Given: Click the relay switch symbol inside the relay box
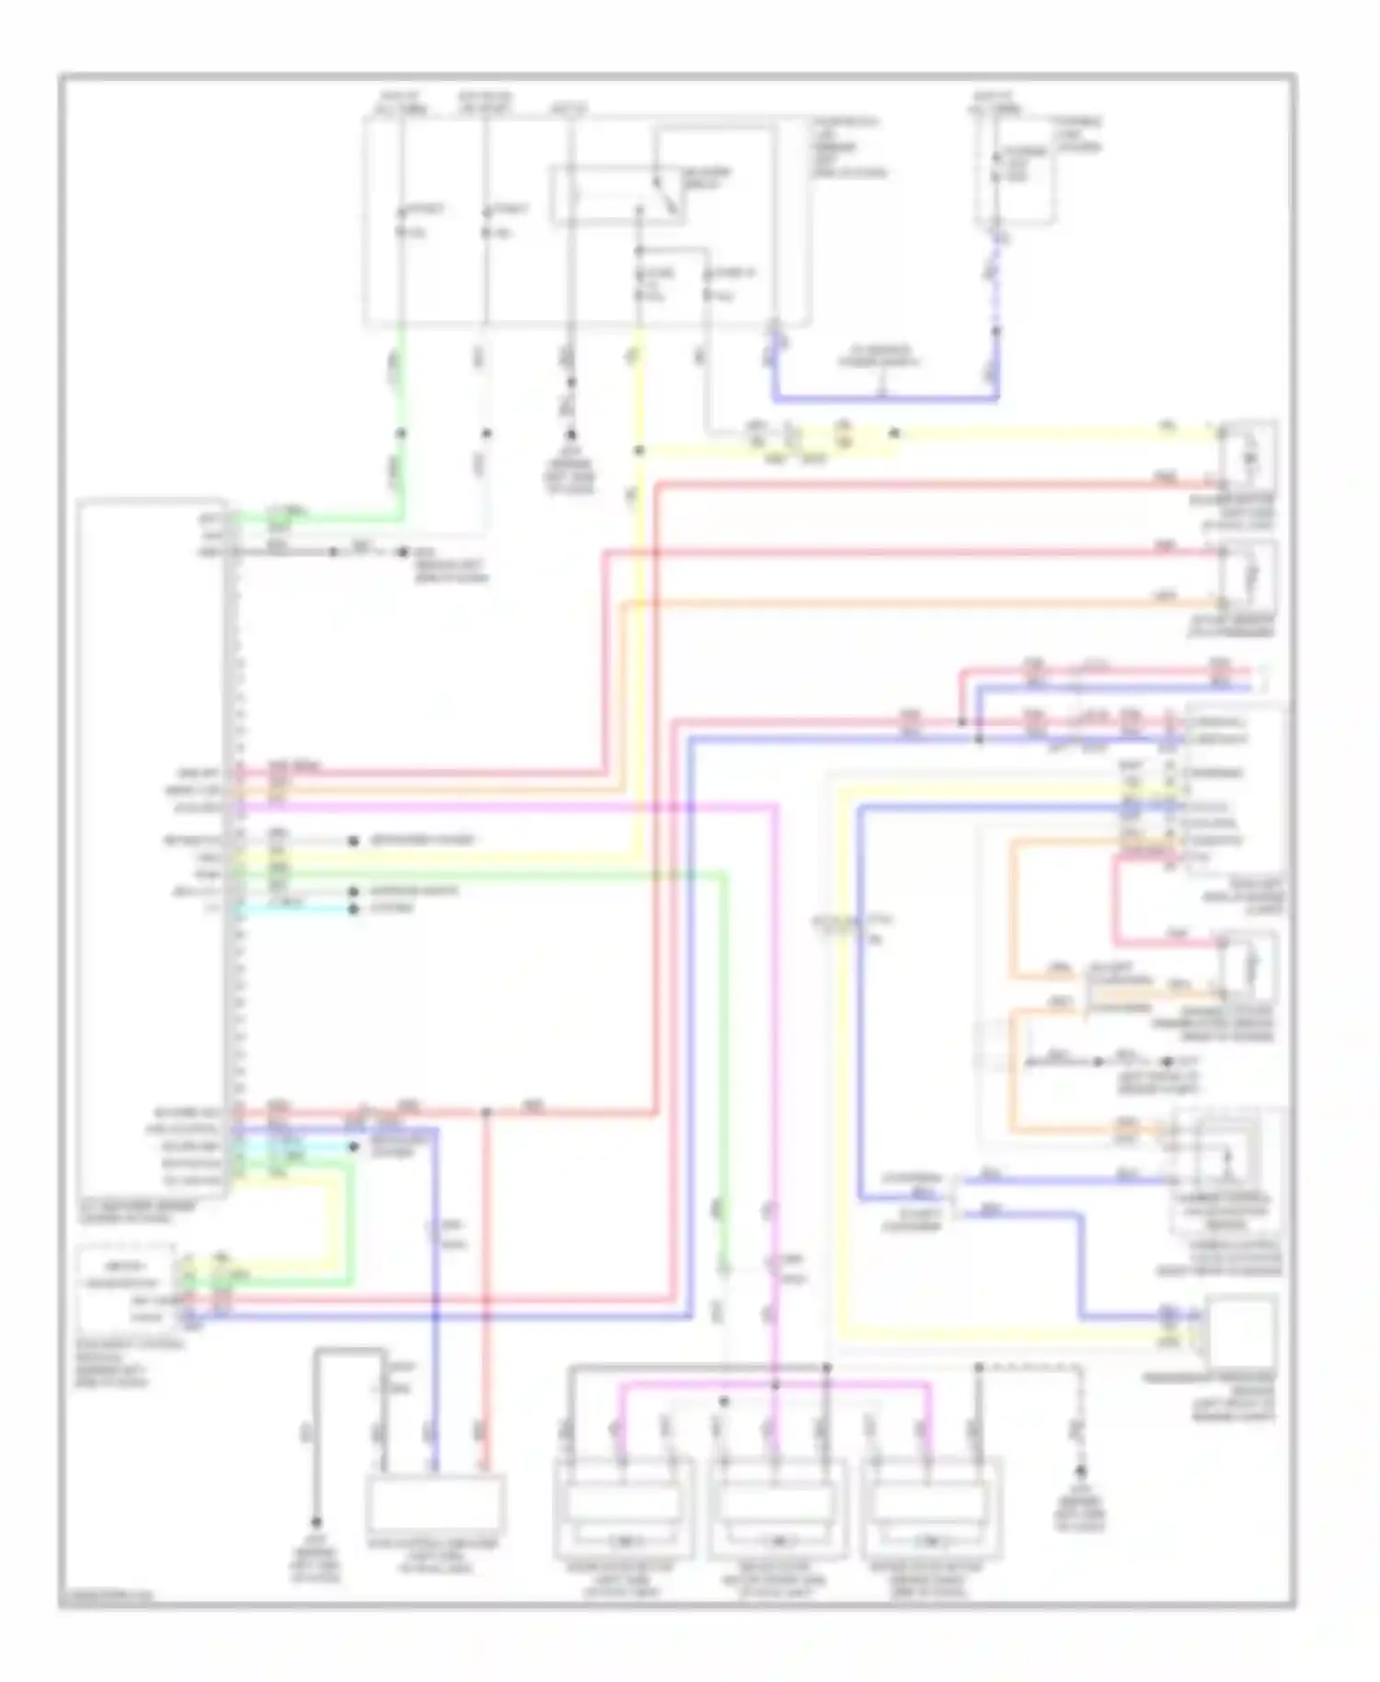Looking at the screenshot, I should (x=664, y=195).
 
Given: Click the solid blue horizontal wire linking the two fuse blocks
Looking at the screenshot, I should (x=883, y=399).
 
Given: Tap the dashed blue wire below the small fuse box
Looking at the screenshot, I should (x=995, y=285).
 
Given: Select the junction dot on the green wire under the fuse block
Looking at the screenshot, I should (x=401, y=432).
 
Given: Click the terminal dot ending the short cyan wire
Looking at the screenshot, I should (x=353, y=909).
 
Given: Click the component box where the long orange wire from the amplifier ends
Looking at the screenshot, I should (x=1248, y=575).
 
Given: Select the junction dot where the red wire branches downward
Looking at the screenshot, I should (x=486, y=1112).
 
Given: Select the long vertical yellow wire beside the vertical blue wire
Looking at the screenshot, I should (x=840, y=1058).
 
